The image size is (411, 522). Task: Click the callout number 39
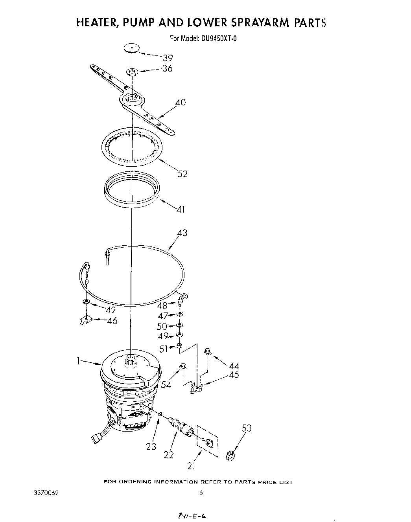pos(168,58)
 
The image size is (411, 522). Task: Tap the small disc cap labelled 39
pos(132,48)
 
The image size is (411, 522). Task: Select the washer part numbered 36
pos(131,72)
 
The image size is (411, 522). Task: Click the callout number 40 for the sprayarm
pos(181,103)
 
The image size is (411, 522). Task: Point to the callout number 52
pos(182,173)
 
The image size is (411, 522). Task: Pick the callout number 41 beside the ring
pos(181,210)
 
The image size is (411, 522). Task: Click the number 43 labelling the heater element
pos(182,233)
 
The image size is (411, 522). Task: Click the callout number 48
pos(162,305)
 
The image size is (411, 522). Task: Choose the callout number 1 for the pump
pos(79,361)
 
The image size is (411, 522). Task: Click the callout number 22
pos(169,455)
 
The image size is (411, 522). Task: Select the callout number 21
pos(192,466)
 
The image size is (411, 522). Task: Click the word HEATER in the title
pos(96,23)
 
